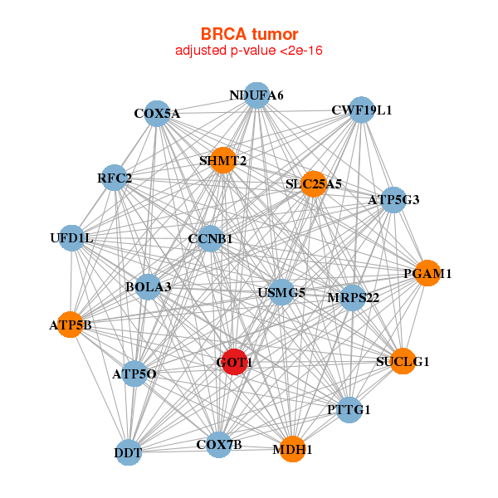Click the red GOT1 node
pos(234,362)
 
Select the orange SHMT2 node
pos(222,160)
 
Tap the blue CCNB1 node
pos(210,238)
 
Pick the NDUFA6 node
pos(256,95)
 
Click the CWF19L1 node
pos(361,110)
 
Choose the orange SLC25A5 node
pos(313,183)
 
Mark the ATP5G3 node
pos(393,199)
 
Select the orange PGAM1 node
pos(427,273)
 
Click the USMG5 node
pos(281,292)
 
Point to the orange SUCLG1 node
pos(403,361)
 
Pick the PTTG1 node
pos(349,409)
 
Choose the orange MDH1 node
pos(291,449)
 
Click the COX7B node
pos(218,444)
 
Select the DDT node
pos(128,452)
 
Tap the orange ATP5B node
pos(71,325)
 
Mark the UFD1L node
pos(71,238)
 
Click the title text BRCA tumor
pos(249,34)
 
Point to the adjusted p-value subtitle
pos(249,51)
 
